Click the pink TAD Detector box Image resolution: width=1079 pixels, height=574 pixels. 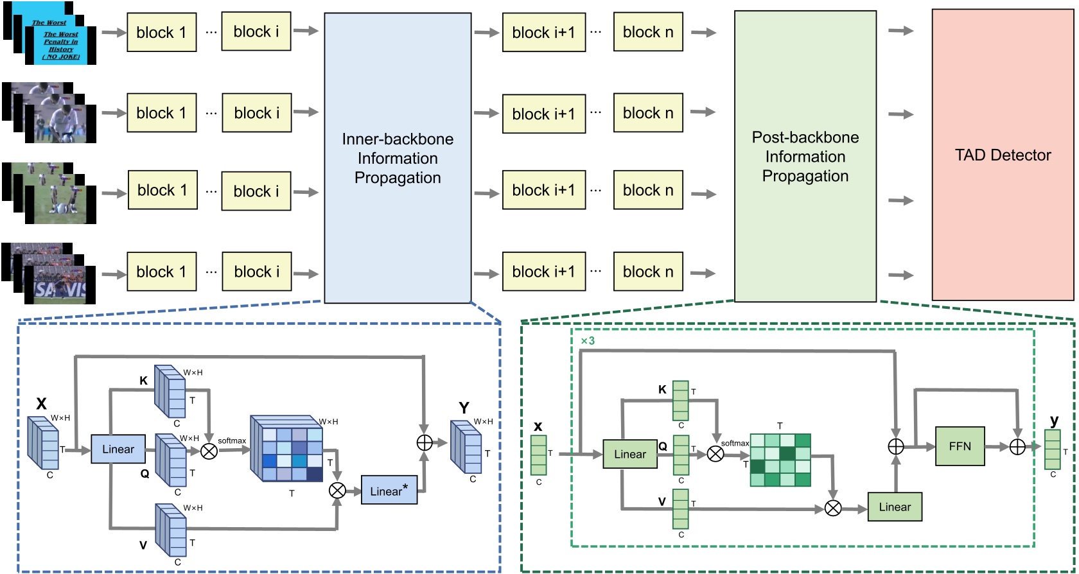pos(1002,154)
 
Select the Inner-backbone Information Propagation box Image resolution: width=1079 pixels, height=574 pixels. pos(398,158)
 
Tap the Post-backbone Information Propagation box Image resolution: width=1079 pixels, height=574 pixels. pos(805,156)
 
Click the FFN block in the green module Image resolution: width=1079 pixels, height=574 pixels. pos(960,446)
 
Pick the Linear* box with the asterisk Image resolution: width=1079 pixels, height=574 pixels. pos(389,491)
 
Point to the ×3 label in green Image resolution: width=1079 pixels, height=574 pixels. pos(587,341)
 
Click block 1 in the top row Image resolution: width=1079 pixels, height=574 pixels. pos(161,32)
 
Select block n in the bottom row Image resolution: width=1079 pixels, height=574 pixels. pos(647,272)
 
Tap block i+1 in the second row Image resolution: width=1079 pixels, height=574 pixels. pos(543,114)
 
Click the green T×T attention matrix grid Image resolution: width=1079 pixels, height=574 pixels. pos(780,460)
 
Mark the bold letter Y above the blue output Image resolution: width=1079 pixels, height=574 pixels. pos(464,408)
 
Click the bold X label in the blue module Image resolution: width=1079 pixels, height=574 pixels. pos(41,404)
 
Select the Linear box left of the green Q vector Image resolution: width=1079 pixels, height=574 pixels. pos(629,454)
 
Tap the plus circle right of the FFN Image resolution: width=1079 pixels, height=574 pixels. pos(1017,447)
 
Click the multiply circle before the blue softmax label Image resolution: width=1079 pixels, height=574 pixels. pos(209,451)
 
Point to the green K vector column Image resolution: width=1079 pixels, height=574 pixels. pos(681,401)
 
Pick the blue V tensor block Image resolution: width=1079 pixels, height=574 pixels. pos(170,529)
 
